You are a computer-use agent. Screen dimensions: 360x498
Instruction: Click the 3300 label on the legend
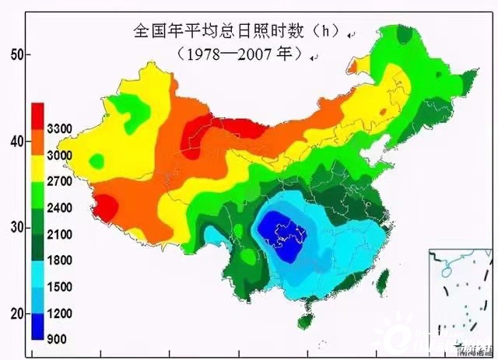pos(60,128)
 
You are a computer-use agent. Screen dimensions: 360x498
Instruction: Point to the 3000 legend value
pos(60,155)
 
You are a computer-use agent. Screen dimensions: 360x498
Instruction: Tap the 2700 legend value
pos(60,181)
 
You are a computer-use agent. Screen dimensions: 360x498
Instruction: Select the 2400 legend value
pos(60,208)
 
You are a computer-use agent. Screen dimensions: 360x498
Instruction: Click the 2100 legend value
pos(60,234)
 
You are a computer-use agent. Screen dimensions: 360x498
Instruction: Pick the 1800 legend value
pos(60,260)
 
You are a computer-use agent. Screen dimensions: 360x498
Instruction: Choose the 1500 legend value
pos(60,287)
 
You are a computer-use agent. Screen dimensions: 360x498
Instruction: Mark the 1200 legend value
pos(60,313)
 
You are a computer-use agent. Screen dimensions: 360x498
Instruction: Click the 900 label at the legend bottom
pos(57,339)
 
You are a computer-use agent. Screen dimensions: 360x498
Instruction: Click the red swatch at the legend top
pos(37,116)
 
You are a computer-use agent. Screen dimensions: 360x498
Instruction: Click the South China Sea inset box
pos(459,299)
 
